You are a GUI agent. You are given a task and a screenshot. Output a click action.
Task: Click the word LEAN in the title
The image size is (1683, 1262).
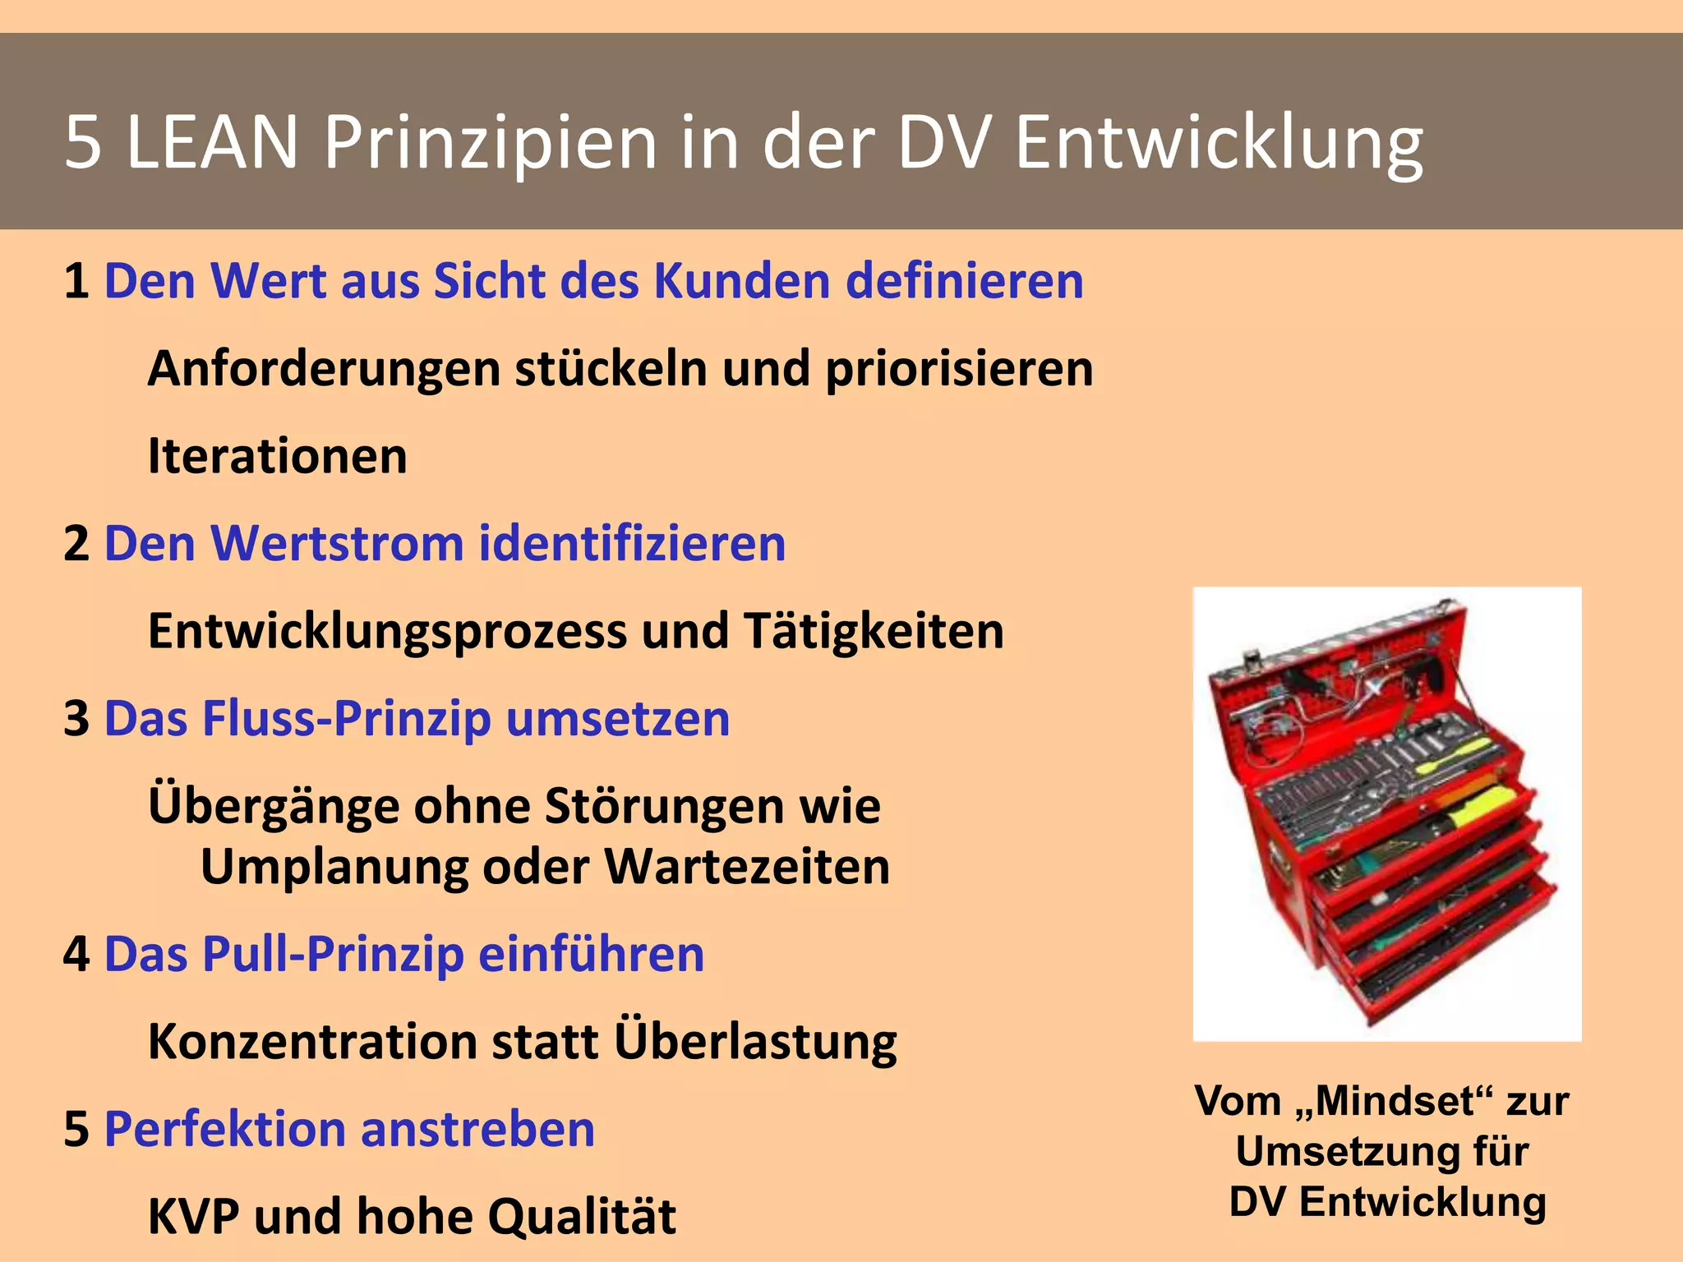[x=212, y=143]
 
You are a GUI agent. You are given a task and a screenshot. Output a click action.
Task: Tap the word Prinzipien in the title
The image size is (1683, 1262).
[x=491, y=143]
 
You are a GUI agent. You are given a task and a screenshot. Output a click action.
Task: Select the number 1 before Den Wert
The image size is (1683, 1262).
[x=76, y=281]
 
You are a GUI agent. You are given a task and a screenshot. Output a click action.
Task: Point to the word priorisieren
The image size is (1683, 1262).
[x=959, y=369]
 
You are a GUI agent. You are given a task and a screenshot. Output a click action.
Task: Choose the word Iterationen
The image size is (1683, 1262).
[x=278, y=456]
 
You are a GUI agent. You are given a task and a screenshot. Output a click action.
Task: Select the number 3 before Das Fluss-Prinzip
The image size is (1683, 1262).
[x=76, y=719]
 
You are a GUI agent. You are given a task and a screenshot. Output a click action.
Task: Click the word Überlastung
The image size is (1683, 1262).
[x=755, y=1042]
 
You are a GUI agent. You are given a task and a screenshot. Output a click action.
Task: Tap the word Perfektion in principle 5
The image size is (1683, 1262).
[x=224, y=1129]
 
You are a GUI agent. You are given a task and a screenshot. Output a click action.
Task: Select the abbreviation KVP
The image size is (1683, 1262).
[x=193, y=1217]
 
